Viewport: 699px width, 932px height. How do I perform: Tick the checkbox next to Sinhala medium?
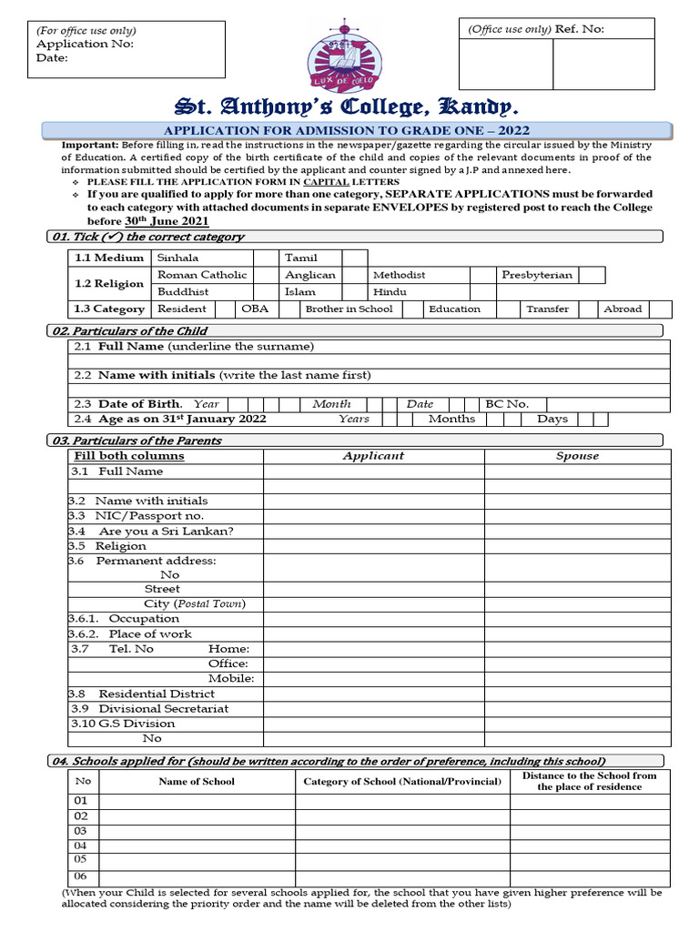coord(264,258)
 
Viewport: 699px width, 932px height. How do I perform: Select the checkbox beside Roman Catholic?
coord(264,275)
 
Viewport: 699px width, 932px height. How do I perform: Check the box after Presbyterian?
coord(592,275)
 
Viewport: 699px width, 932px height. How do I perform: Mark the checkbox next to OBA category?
coord(289,309)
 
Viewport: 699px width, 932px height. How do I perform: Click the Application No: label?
coord(85,44)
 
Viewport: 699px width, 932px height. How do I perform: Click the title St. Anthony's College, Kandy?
coord(349,106)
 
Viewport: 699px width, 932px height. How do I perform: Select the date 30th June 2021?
coord(167,221)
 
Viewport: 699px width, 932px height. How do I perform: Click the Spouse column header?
coord(577,456)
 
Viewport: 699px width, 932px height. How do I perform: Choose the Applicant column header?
coord(373,456)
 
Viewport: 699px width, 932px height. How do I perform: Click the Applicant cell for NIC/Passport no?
coord(373,516)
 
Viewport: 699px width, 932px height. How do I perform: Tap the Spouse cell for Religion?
coord(577,546)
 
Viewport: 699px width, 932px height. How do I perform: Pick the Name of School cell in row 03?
coord(197,831)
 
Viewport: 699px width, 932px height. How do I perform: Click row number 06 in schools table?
coord(82,876)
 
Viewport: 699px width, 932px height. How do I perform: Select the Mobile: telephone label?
coord(230,679)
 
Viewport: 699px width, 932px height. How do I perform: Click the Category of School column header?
coord(402,782)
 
